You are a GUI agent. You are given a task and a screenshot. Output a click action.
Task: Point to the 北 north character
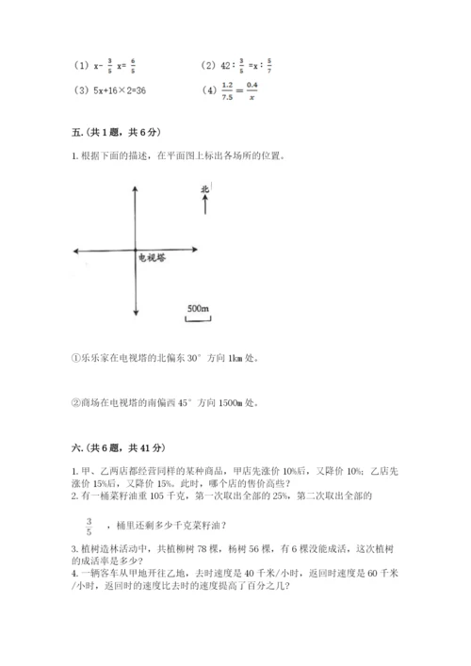click(204, 189)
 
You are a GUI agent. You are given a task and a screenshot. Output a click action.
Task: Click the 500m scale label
click(197, 308)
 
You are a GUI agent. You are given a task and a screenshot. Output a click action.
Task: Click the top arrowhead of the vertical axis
click(137, 187)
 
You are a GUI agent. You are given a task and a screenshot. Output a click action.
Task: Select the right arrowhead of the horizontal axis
click(195, 250)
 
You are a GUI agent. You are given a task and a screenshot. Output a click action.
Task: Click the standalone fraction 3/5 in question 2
click(89, 525)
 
